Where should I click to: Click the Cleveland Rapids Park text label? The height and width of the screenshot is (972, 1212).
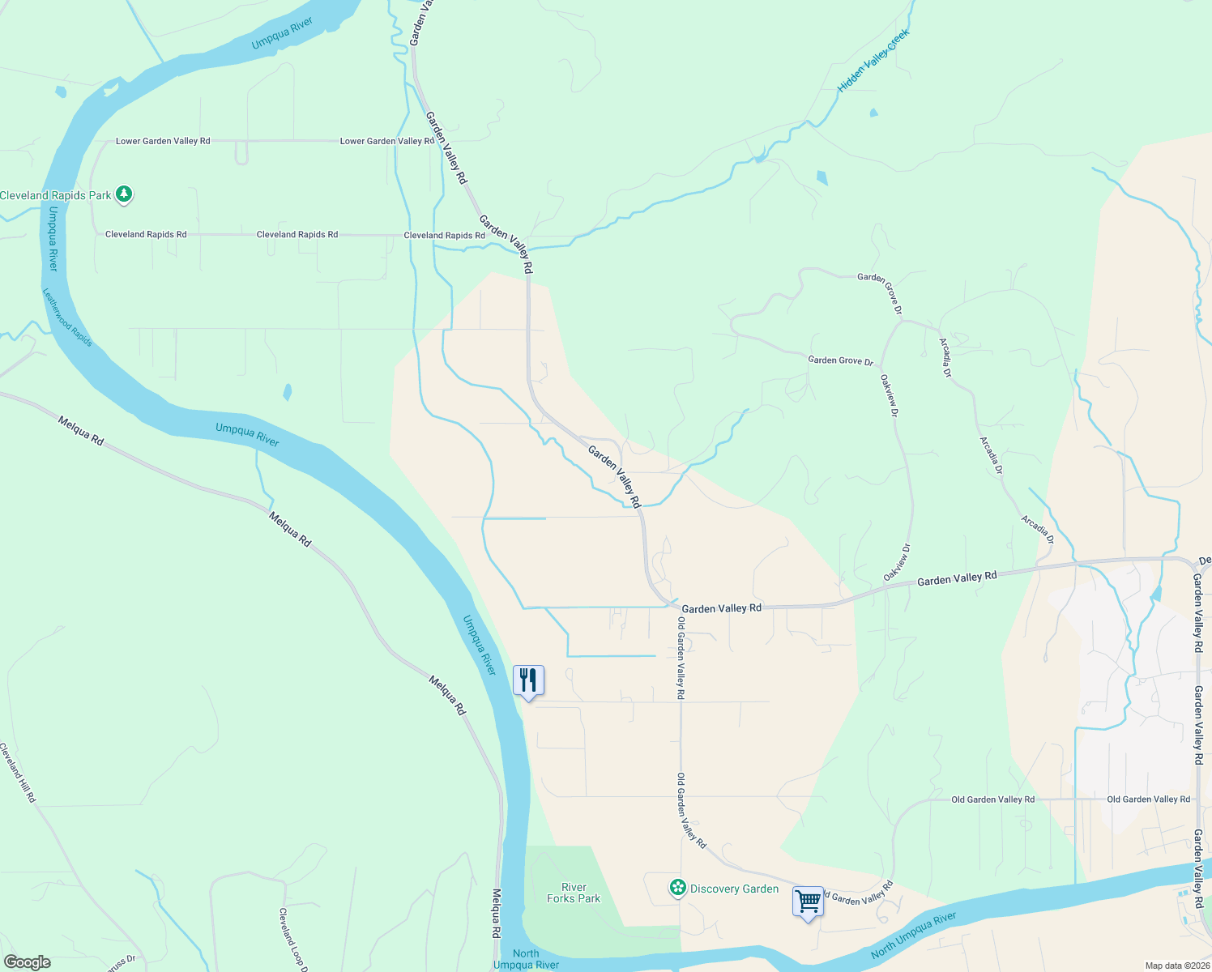(56, 195)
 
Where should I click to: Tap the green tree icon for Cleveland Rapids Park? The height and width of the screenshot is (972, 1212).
(123, 194)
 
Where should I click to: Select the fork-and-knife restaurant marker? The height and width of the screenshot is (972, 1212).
(528, 680)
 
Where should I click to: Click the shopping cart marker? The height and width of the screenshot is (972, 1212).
(808, 901)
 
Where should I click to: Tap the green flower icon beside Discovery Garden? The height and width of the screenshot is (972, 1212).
(677, 889)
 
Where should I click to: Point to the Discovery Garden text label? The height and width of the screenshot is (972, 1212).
(734, 889)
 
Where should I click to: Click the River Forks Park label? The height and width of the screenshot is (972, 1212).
(574, 893)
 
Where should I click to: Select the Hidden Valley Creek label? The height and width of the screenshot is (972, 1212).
(873, 61)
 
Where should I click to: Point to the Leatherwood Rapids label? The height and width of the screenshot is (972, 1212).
(67, 318)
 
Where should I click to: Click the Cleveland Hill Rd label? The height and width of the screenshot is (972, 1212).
(18, 773)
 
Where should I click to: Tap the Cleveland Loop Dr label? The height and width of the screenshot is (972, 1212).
(292, 939)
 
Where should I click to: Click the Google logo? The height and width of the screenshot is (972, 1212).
(28, 962)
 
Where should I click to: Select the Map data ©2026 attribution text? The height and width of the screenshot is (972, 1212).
(1177, 966)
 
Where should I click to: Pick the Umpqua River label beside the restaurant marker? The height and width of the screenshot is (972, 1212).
(479, 645)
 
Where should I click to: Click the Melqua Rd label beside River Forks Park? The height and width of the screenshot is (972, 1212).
(496, 914)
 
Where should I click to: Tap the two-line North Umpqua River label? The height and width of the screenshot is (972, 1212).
(526, 959)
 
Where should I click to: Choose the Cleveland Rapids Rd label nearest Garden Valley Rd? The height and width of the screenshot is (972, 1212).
(444, 236)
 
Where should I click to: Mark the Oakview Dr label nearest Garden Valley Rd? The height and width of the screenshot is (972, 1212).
(897, 562)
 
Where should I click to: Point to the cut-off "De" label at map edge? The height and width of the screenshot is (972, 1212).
(1205, 561)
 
